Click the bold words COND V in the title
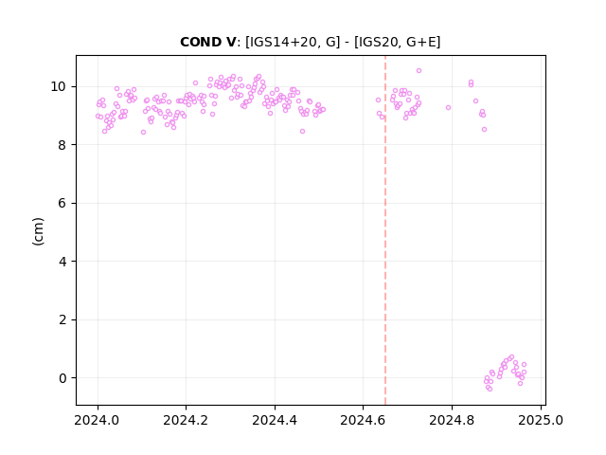point(207,42)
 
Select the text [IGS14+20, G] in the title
point(293,42)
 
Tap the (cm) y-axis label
point(38,231)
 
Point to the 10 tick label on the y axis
point(58,86)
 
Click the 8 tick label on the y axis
point(62,145)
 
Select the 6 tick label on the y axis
point(62,203)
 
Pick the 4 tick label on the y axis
point(62,262)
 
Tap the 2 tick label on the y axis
point(62,320)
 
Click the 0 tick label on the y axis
point(62,378)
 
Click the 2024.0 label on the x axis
point(97,420)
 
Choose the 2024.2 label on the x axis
point(186,420)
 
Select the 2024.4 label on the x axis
point(275,420)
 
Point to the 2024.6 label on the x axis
point(363,420)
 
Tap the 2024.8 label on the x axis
point(452,420)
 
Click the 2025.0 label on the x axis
point(541,420)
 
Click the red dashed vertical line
point(385,230)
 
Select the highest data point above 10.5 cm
point(419,70)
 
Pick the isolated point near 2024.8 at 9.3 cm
point(448,107)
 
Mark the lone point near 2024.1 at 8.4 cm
point(143,133)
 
